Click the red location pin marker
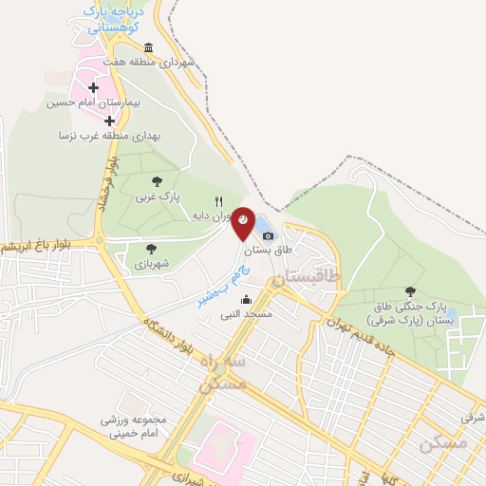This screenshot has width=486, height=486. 244,221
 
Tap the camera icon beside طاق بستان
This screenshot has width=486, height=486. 268,235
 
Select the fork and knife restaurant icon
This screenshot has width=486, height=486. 218,201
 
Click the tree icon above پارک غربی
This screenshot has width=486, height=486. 157,180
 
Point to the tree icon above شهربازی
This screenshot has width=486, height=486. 152,249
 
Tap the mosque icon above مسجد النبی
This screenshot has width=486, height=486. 247,300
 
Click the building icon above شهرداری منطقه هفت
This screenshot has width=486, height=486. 148,48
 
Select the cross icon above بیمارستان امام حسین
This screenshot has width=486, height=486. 93,87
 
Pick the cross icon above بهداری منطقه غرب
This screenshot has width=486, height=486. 110,121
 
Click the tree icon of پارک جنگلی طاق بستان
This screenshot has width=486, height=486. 410,291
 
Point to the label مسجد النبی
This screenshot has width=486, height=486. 247,313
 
